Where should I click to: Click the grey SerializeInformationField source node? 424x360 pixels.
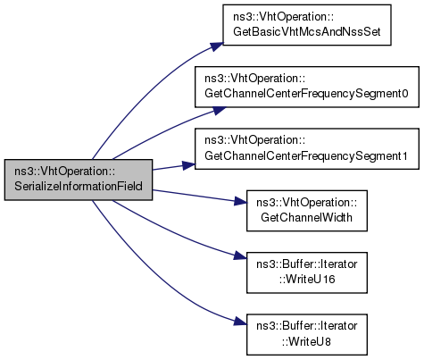(x=79, y=180)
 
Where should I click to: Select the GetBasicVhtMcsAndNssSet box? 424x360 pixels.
(x=307, y=25)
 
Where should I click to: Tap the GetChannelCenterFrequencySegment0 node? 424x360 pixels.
(x=307, y=87)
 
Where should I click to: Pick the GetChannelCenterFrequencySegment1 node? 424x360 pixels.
(x=307, y=149)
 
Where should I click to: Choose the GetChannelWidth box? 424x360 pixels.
(x=307, y=211)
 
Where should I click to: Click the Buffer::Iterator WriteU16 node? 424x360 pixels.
(x=307, y=272)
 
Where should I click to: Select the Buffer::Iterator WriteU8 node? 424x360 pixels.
(x=307, y=334)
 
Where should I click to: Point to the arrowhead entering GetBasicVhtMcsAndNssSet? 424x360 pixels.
(x=217, y=46)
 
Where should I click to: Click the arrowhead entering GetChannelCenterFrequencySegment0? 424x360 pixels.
(x=220, y=110)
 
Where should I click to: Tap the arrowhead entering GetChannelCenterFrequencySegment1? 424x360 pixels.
(x=189, y=165)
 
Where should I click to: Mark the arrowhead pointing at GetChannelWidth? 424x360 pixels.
(x=241, y=201)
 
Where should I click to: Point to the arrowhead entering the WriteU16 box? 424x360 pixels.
(x=241, y=256)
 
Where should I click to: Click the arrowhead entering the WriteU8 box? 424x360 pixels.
(x=241, y=322)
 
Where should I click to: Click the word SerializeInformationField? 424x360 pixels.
(x=79, y=187)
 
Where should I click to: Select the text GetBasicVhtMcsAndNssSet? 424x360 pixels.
(x=307, y=31)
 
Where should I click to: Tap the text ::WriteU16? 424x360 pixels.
(x=307, y=280)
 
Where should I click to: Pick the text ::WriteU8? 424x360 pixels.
(x=306, y=341)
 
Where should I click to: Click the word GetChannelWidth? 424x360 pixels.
(x=306, y=217)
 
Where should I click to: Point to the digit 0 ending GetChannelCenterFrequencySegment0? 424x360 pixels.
(x=404, y=94)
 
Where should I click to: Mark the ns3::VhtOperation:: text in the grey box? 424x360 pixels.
(x=65, y=172)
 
